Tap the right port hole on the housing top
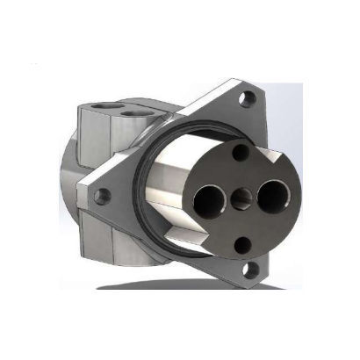coord(134,113)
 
